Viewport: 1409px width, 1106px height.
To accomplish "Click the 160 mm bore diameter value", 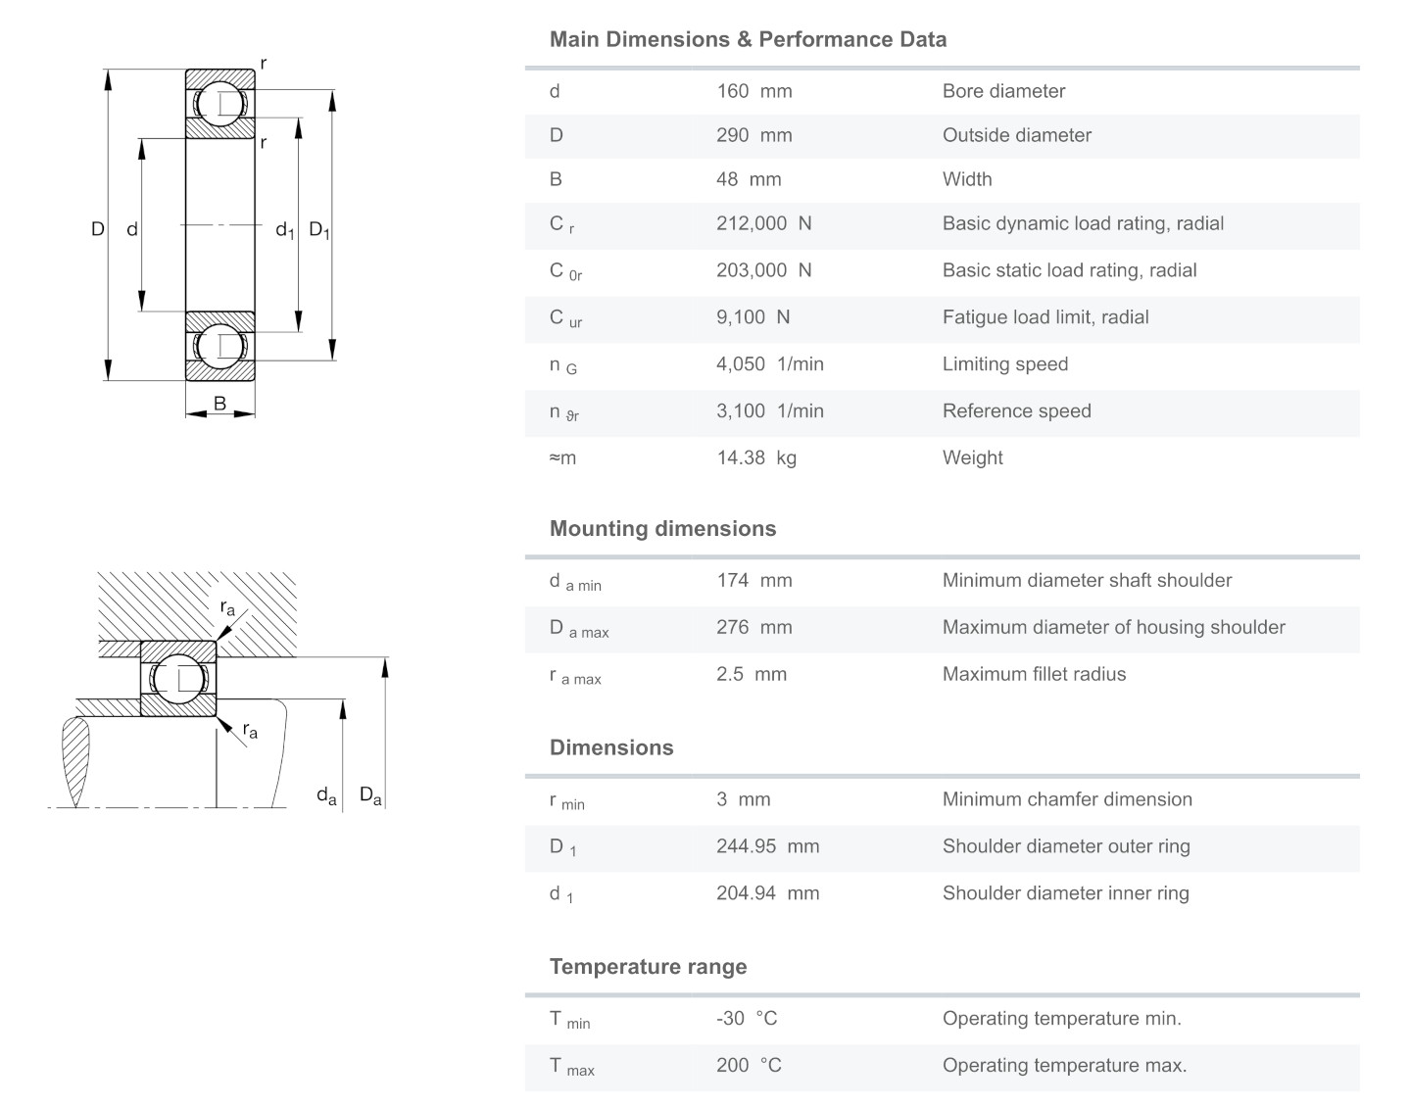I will [x=753, y=91].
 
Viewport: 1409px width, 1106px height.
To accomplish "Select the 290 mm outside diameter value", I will [x=753, y=135].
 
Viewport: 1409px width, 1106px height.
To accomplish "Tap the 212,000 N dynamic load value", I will [x=763, y=223].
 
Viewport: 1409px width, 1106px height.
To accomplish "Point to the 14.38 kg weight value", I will [x=755, y=457].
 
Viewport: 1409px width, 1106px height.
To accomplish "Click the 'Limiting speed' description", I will [x=1004, y=364].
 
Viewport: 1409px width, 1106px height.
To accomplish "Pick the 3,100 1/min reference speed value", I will [x=769, y=411].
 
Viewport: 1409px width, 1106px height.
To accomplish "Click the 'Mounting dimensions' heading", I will [x=662, y=529].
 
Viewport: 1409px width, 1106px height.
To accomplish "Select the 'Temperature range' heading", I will [x=648, y=967].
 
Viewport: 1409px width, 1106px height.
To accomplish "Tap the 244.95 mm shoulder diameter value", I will [x=767, y=846].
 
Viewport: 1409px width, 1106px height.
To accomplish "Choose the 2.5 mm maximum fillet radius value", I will [x=751, y=674].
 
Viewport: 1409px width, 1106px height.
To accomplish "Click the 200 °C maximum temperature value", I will [x=749, y=1065].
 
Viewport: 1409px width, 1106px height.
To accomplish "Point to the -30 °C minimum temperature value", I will [x=746, y=1019].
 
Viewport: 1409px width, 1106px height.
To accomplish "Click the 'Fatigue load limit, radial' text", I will [x=1045, y=317].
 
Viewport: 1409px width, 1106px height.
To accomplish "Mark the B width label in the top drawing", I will [x=219, y=404].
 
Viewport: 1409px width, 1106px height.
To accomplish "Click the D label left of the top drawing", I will [x=97, y=229].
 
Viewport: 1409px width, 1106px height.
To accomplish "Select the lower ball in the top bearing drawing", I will [x=220, y=346].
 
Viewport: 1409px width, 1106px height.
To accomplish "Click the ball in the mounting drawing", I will [x=178, y=678].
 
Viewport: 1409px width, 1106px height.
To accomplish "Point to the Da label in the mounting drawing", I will [x=370, y=795].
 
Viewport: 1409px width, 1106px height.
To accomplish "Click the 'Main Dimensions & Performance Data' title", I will [x=748, y=40].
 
